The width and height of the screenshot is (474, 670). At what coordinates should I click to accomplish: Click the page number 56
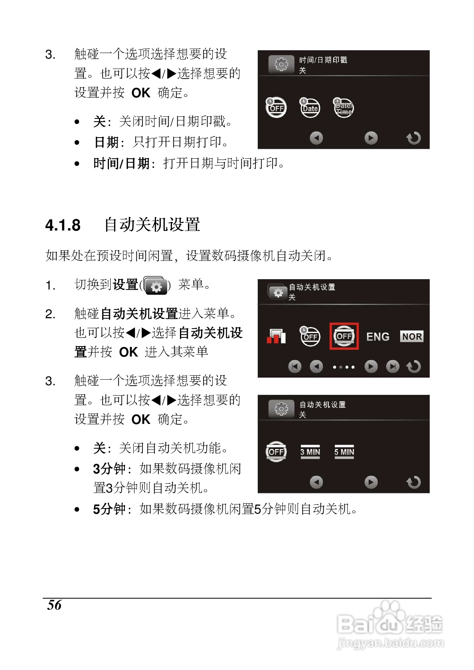coord(54,605)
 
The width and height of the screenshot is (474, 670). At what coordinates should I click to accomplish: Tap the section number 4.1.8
coord(63,225)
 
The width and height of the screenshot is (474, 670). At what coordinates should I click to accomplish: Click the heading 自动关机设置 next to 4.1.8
coord(152,225)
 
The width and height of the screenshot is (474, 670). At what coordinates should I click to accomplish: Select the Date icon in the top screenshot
coord(310,108)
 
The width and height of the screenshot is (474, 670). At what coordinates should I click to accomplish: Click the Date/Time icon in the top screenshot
coord(344,108)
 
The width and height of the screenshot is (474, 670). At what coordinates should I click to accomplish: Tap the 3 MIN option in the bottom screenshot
coord(310,452)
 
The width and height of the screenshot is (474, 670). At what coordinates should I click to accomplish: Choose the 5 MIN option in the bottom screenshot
coord(344,452)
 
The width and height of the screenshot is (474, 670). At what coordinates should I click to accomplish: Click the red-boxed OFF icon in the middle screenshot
coord(344,336)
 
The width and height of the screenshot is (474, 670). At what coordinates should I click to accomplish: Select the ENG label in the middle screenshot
coord(377,337)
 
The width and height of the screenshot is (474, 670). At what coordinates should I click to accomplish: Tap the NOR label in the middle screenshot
coord(411,337)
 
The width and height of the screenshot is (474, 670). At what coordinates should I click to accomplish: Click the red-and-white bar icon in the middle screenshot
coord(276,336)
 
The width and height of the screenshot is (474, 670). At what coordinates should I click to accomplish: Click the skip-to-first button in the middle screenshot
coord(295,366)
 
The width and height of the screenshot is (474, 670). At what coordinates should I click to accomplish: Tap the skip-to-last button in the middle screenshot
coord(393,366)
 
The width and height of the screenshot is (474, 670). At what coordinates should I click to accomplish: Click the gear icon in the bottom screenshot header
coord(281,409)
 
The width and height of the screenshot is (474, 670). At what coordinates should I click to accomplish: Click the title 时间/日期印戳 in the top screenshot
coord(323,60)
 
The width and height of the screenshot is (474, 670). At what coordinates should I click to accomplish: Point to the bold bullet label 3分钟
coord(109,469)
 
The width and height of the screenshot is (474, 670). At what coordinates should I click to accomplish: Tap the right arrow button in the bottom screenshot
coord(371,482)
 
